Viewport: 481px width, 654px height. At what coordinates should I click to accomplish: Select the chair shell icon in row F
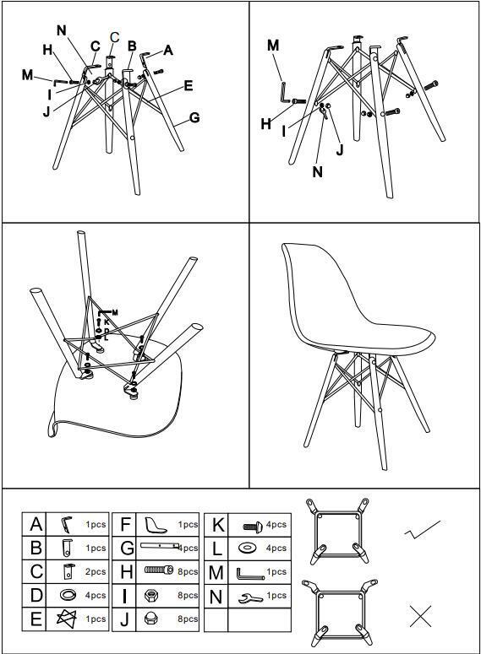point(156,525)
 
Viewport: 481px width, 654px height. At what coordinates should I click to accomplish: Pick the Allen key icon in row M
point(250,574)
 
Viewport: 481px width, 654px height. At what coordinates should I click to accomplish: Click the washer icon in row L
point(247,548)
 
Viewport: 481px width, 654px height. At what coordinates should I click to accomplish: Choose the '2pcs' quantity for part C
point(96,571)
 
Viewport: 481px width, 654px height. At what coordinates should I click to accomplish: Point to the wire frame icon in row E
point(67,619)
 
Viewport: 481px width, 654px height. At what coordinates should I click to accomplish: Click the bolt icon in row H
point(159,570)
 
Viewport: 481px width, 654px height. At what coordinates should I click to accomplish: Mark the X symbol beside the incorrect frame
point(420,616)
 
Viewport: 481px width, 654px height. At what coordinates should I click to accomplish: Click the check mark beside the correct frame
point(422,529)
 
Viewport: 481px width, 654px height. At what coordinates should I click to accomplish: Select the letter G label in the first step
point(194,117)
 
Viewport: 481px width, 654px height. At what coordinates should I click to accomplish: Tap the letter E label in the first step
point(189,85)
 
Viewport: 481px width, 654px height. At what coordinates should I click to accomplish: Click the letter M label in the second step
point(273,45)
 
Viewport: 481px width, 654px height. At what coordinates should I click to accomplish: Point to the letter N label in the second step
point(318,171)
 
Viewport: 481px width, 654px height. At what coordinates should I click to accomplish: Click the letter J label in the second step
point(340,149)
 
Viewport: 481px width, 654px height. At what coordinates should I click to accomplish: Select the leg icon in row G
point(160,545)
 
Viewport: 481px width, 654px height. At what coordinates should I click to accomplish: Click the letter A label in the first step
point(168,50)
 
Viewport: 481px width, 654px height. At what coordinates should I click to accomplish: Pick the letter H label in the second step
point(265,123)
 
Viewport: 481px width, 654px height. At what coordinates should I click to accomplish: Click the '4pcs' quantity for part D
point(96,595)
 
